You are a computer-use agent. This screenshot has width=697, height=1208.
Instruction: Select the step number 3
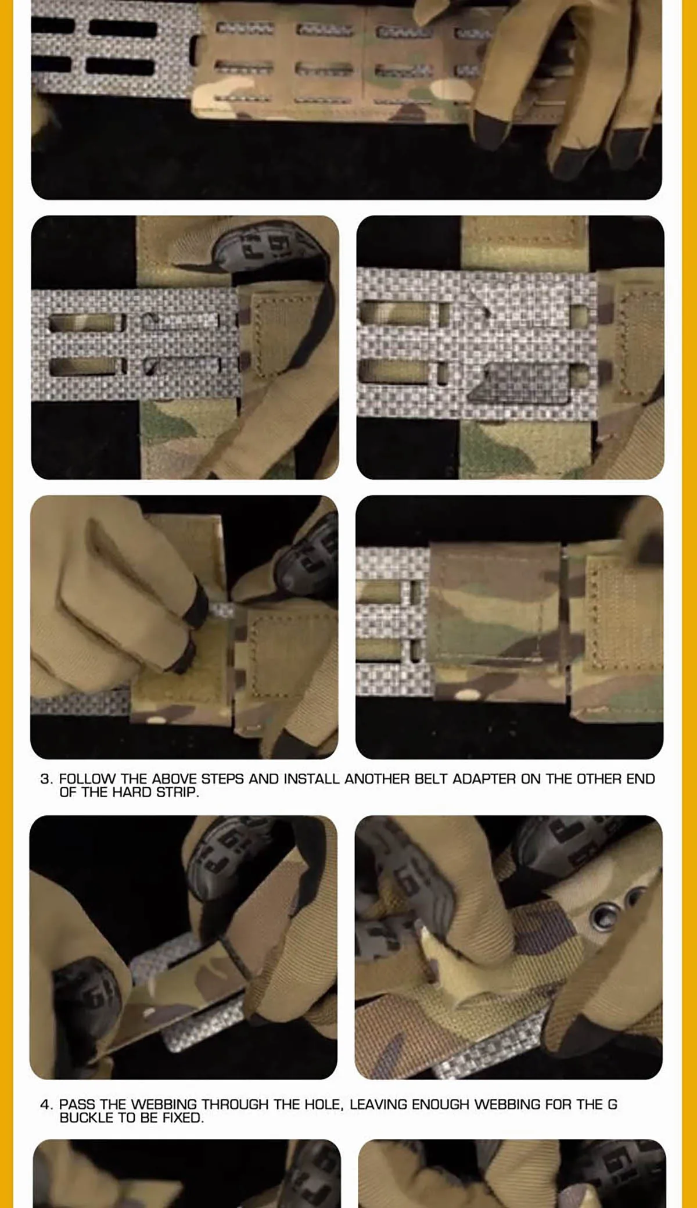[x=46, y=779]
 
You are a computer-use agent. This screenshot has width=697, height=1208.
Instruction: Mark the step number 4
[x=46, y=1104]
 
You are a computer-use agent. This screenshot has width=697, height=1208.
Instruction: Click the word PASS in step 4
[x=77, y=1104]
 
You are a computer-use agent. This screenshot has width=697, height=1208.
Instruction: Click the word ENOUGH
[x=440, y=1104]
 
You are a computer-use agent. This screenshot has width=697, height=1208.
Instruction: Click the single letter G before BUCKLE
[x=612, y=1104]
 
